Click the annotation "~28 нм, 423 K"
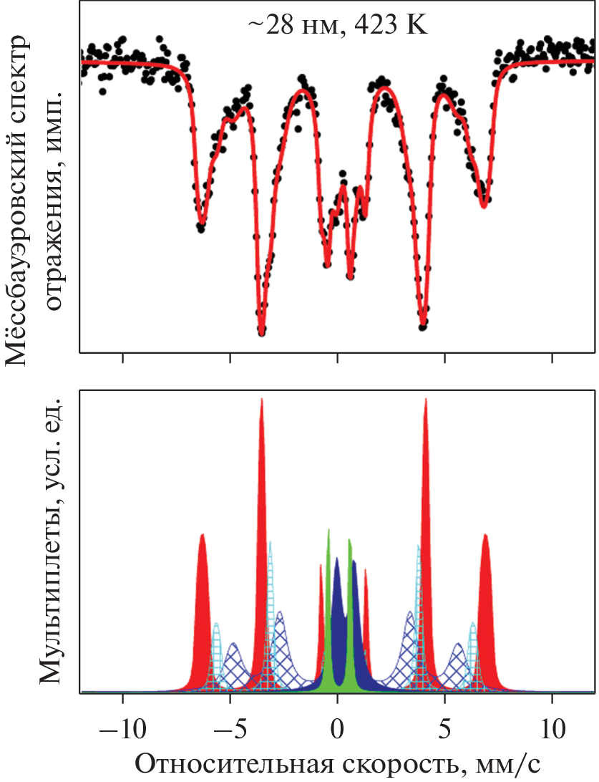337,26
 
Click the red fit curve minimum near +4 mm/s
424,327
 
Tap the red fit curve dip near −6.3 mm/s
202,224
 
